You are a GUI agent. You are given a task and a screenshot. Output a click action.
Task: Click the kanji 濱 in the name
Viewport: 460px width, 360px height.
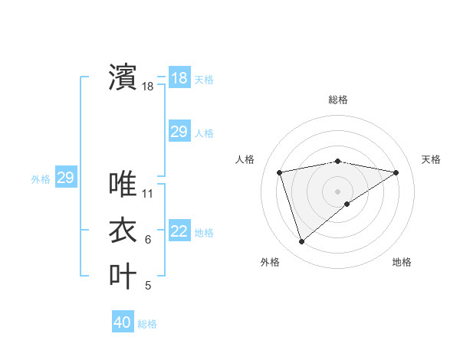123,77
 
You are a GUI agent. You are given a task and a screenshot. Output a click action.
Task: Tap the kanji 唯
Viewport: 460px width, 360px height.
123,184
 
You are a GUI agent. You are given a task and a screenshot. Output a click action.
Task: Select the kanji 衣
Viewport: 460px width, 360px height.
123,230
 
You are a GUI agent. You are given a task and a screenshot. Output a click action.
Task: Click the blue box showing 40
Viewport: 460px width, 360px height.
123,322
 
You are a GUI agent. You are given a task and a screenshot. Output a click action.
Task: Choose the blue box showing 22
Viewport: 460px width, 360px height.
179,232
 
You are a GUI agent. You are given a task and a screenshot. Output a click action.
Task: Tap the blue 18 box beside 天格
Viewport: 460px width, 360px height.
179,78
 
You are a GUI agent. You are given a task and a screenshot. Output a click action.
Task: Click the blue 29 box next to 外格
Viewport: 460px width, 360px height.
65,178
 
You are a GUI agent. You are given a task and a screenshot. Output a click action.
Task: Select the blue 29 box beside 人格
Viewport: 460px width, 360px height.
179,132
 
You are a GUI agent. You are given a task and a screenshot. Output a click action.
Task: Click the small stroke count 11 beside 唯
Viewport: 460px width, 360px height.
148,194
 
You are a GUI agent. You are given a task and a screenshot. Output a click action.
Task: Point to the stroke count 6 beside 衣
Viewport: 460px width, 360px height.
148,240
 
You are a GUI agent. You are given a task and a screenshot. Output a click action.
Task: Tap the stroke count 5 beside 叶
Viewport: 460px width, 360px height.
148,286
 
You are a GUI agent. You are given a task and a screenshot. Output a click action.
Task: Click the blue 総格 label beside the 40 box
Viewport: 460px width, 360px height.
147,324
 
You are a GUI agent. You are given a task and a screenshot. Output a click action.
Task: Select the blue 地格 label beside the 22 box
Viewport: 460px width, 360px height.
204,233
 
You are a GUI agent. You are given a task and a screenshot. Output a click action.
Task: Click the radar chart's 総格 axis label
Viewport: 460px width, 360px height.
337,100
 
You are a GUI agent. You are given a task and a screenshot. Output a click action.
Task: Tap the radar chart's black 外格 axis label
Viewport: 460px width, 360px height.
270,262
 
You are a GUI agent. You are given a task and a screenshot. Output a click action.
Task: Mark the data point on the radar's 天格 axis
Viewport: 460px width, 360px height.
396,172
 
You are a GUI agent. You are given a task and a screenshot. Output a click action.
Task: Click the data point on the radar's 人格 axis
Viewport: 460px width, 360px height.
280,172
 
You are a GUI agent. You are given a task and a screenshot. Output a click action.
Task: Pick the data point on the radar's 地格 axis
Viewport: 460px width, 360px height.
347,204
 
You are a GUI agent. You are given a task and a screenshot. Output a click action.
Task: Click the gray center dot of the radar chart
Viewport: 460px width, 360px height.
337,191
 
